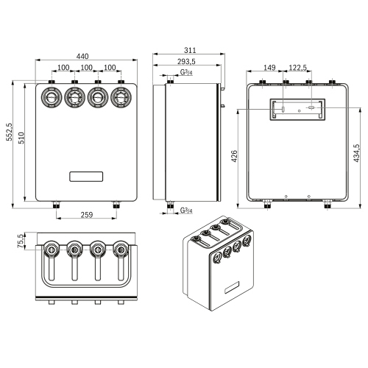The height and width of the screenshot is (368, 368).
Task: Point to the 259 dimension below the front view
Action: coord(86,216)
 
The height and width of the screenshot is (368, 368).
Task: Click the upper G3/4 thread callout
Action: coord(187,73)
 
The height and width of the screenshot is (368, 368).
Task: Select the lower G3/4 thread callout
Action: coord(187,210)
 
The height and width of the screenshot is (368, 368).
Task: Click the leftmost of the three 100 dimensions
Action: coord(63,68)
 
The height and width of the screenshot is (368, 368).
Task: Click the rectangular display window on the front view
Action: coord(86,176)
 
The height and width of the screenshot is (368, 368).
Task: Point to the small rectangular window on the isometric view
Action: coord(233,284)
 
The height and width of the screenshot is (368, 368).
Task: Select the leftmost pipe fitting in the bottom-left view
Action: coord(52,250)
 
